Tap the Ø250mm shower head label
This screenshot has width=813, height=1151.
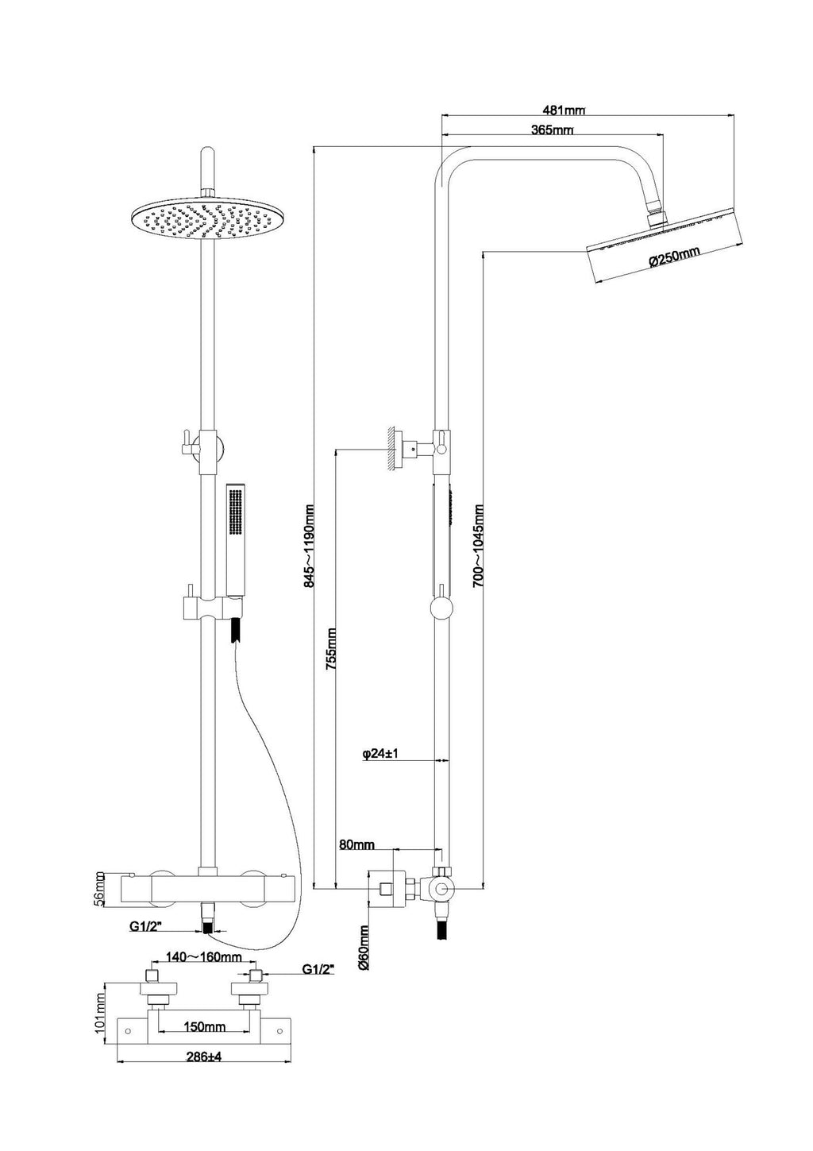pyautogui.click(x=674, y=257)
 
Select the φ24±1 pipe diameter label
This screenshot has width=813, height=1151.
pyautogui.click(x=380, y=754)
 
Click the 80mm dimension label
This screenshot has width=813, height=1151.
pyautogui.click(x=356, y=844)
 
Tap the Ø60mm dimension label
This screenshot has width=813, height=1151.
pyautogui.click(x=364, y=948)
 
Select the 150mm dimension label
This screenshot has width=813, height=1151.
pyautogui.click(x=204, y=1027)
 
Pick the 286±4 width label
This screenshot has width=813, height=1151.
pyautogui.click(x=203, y=1057)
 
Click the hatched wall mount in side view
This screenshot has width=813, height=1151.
pyautogui.click(x=393, y=450)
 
